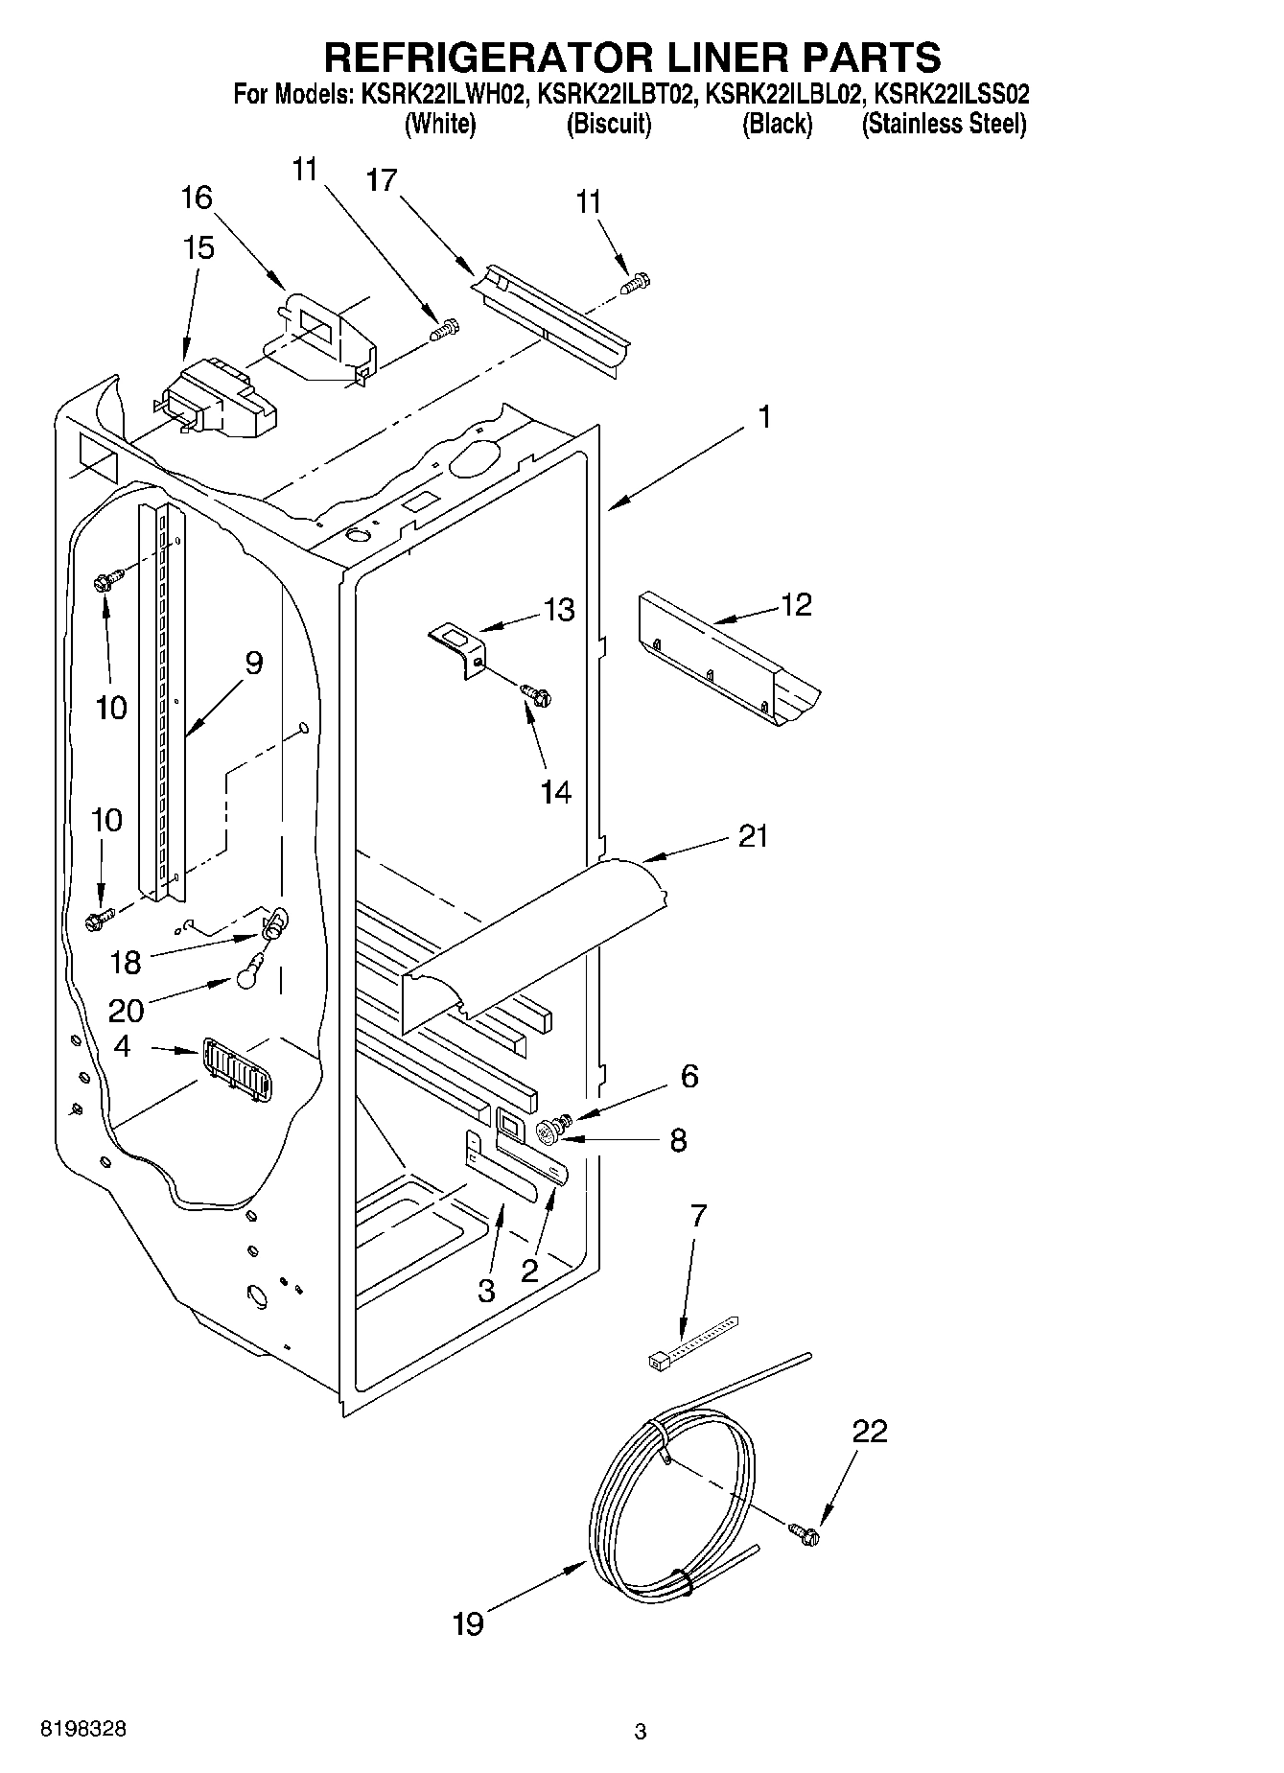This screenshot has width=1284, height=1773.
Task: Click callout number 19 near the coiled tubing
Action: coord(468,1624)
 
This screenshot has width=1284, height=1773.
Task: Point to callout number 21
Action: coord(754,836)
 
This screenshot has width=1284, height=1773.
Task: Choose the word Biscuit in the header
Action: coord(609,124)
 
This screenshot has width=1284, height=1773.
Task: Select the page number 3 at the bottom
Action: coord(641,1732)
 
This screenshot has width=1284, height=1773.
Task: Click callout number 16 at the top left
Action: coord(197,198)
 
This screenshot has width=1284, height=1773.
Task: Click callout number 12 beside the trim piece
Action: coord(796,604)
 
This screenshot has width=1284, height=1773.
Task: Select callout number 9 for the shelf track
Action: coord(253,663)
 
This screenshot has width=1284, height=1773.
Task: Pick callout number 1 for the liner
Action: coord(764,417)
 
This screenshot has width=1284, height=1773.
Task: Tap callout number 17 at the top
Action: coord(382,179)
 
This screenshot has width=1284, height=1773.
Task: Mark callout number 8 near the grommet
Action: coord(678,1140)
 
